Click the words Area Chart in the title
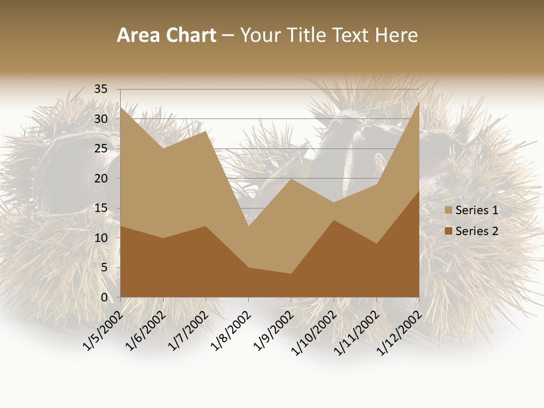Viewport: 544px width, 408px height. (x=166, y=36)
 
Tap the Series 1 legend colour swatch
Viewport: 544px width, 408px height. (x=448, y=211)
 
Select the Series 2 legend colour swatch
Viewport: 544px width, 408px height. (x=448, y=231)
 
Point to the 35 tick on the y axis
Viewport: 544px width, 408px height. (x=100, y=89)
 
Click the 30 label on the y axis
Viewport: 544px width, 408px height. (x=100, y=119)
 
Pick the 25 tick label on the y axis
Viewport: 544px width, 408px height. (x=100, y=148)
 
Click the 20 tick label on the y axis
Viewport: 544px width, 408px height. (x=100, y=178)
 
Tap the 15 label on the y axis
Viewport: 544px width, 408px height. (x=100, y=208)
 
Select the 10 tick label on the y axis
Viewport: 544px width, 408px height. (x=100, y=238)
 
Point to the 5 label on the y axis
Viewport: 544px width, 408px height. (x=104, y=267)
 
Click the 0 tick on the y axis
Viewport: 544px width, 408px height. (x=104, y=297)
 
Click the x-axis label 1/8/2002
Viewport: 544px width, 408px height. (x=229, y=331)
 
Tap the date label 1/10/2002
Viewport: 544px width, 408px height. (x=312, y=333)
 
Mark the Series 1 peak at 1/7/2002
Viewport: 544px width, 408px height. (x=206, y=131)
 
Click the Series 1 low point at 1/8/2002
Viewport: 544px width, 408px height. (x=248, y=226)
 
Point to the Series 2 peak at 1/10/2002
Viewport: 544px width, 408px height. (x=334, y=220)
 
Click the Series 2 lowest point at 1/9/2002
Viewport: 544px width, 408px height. (x=291, y=274)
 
